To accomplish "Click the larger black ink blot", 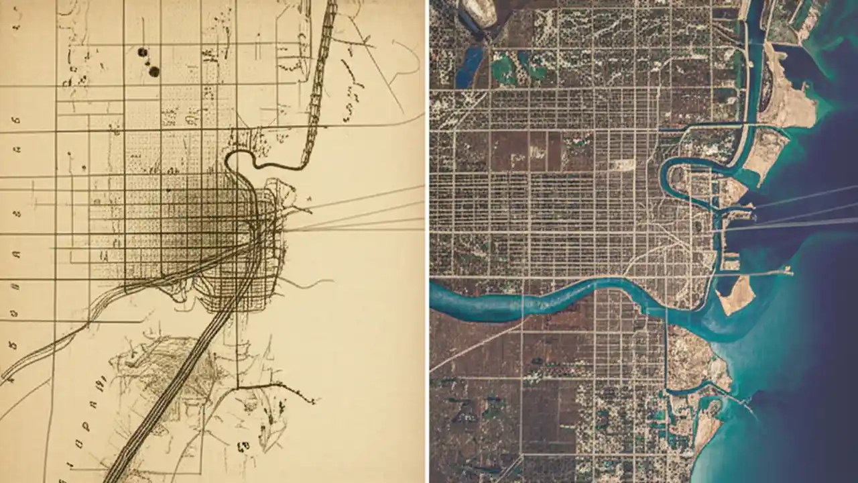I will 154,71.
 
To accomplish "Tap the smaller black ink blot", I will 142,52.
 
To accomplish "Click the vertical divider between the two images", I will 427,241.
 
